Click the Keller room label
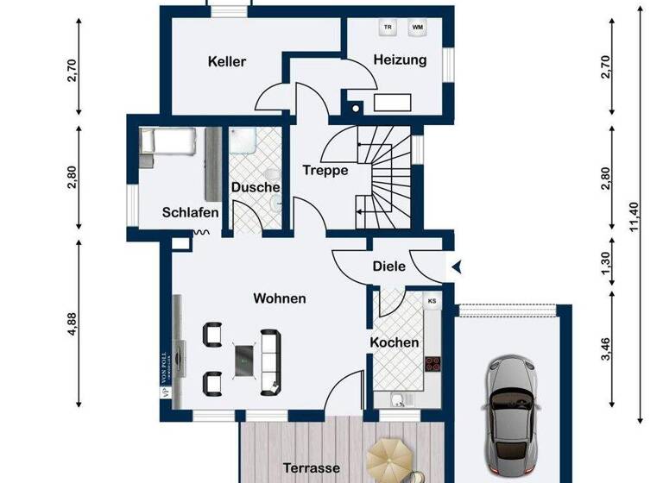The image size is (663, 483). click(227, 61)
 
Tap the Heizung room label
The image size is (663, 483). click(400, 60)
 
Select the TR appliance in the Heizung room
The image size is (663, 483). click(388, 28)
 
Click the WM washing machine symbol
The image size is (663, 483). click(417, 28)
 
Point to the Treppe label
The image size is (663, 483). click(325, 170)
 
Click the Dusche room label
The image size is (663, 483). click(255, 187)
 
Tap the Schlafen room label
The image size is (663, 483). click(190, 213)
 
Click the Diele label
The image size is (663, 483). click(389, 267)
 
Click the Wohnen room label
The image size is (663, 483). click(279, 298)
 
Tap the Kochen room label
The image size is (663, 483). click(395, 342)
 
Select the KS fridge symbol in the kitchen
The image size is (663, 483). click(432, 300)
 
